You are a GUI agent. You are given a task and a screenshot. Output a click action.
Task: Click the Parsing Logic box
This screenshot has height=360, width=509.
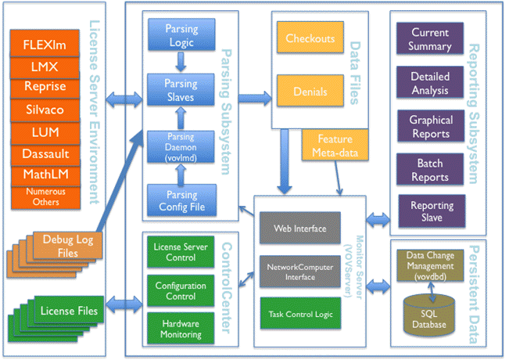181,35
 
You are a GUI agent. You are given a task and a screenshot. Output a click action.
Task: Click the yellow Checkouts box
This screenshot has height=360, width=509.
310,38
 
